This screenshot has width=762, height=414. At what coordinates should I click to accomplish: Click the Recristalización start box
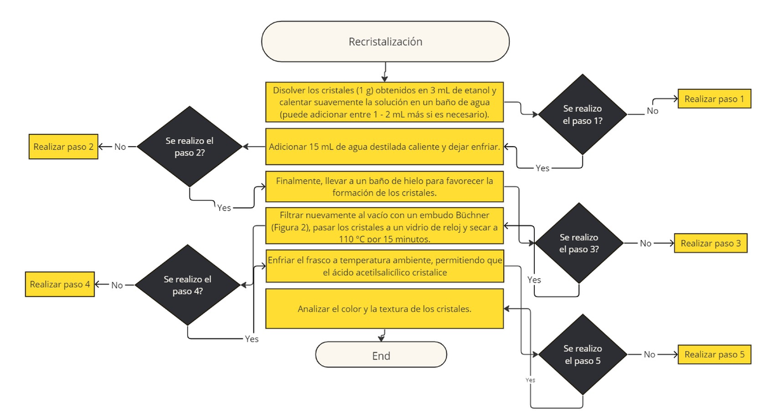(385, 42)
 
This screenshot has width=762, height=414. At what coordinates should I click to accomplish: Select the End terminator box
(381, 355)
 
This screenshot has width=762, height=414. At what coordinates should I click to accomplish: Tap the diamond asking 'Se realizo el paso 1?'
(582, 114)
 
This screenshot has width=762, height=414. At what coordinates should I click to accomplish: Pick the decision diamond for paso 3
(578, 243)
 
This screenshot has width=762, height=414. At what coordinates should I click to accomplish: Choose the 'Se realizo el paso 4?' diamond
(187, 284)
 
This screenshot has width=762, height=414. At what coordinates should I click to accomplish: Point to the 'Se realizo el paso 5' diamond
(582, 354)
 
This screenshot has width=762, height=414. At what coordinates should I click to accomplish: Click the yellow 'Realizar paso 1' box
(714, 99)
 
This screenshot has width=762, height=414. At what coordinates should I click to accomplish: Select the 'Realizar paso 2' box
(63, 147)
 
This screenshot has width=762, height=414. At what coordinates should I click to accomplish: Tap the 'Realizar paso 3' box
(710, 243)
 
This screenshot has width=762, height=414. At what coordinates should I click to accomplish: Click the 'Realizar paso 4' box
(60, 284)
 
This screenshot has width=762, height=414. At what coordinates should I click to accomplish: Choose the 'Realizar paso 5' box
(714, 354)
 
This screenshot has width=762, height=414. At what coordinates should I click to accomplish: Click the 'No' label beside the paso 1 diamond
(652, 111)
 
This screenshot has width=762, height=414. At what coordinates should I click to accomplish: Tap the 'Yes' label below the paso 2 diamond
(224, 208)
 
